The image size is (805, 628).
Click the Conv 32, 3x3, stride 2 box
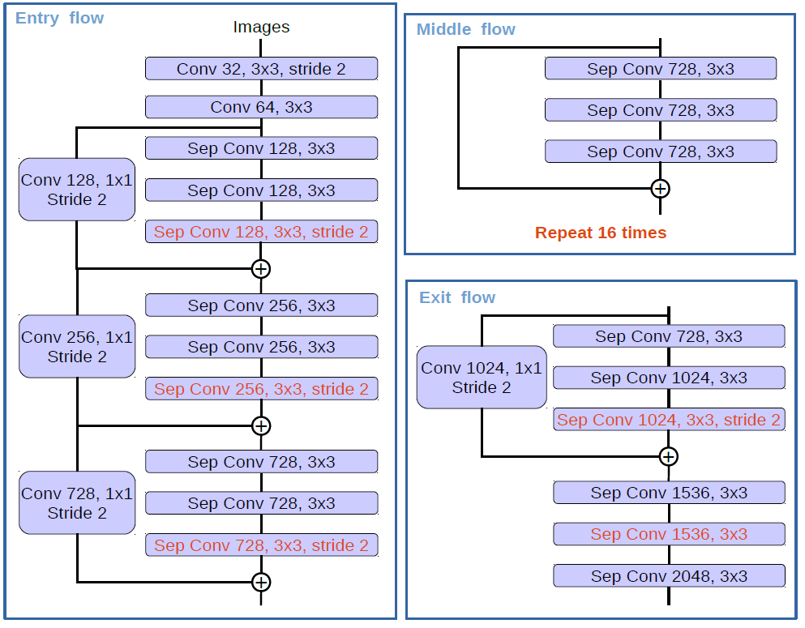click(x=261, y=69)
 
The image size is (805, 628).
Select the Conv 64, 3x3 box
click(x=261, y=107)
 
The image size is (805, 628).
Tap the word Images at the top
click(x=261, y=27)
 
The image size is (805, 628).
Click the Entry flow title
click(x=60, y=18)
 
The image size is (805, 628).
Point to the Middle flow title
click(x=465, y=29)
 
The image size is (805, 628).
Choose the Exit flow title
click(x=457, y=297)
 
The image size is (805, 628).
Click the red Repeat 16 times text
click(x=600, y=233)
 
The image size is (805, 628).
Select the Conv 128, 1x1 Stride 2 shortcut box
click(x=76, y=190)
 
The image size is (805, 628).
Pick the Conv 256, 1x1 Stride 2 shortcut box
click(x=76, y=347)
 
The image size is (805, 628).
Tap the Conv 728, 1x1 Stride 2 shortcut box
click(x=76, y=503)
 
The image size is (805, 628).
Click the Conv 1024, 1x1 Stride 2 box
click(x=482, y=378)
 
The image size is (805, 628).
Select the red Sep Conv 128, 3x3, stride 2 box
click(x=261, y=232)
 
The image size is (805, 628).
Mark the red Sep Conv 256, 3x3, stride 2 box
click(x=261, y=389)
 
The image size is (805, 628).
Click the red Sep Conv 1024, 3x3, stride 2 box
click(x=669, y=420)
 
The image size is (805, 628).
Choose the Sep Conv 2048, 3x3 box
click(x=669, y=576)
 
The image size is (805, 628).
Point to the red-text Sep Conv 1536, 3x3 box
click(x=669, y=534)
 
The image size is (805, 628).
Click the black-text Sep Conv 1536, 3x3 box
click(x=669, y=493)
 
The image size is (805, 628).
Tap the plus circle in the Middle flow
click(x=661, y=189)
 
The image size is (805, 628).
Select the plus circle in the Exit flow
click(x=668, y=457)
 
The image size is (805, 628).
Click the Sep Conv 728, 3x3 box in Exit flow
click(x=669, y=336)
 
